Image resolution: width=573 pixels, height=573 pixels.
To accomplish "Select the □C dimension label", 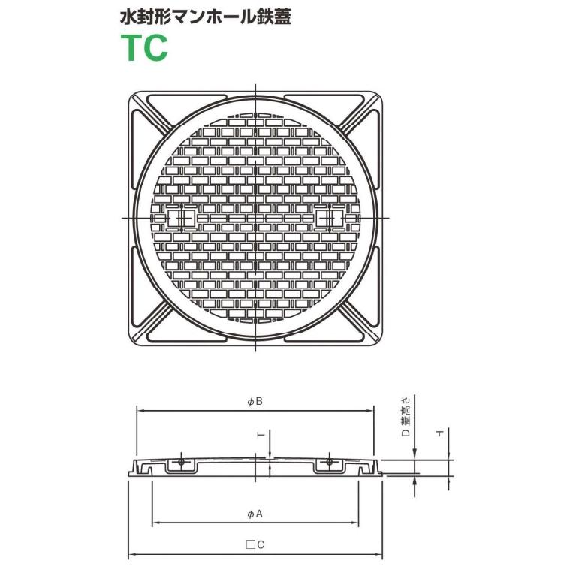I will pyautogui.click(x=255, y=546).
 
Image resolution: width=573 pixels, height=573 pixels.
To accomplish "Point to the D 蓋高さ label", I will pyautogui.click(x=406, y=418).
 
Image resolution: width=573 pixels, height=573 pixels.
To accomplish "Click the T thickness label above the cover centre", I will pyautogui.click(x=259, y=436).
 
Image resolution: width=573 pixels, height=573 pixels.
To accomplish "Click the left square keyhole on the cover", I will pyautogui.click(x=180, y=218).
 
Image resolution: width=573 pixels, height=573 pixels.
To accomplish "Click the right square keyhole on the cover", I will pyautogui.click(x=330, y=218).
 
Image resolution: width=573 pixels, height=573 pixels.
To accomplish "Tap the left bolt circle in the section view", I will pyautogui.click(x=181, y=462).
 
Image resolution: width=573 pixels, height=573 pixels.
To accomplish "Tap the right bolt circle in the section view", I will pyautogui.click(x=328, y=462).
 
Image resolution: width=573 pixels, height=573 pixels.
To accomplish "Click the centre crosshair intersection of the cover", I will pyautogui.click(x=255, y=218).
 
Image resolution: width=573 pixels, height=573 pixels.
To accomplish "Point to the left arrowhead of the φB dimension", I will pyautogui.click(x=140, y=410).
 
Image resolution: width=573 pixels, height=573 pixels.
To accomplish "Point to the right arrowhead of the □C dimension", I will pyautogui.click(x=380, y=555).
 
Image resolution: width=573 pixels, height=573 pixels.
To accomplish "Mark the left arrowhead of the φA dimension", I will pyautogui.click(x=155, y=523).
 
